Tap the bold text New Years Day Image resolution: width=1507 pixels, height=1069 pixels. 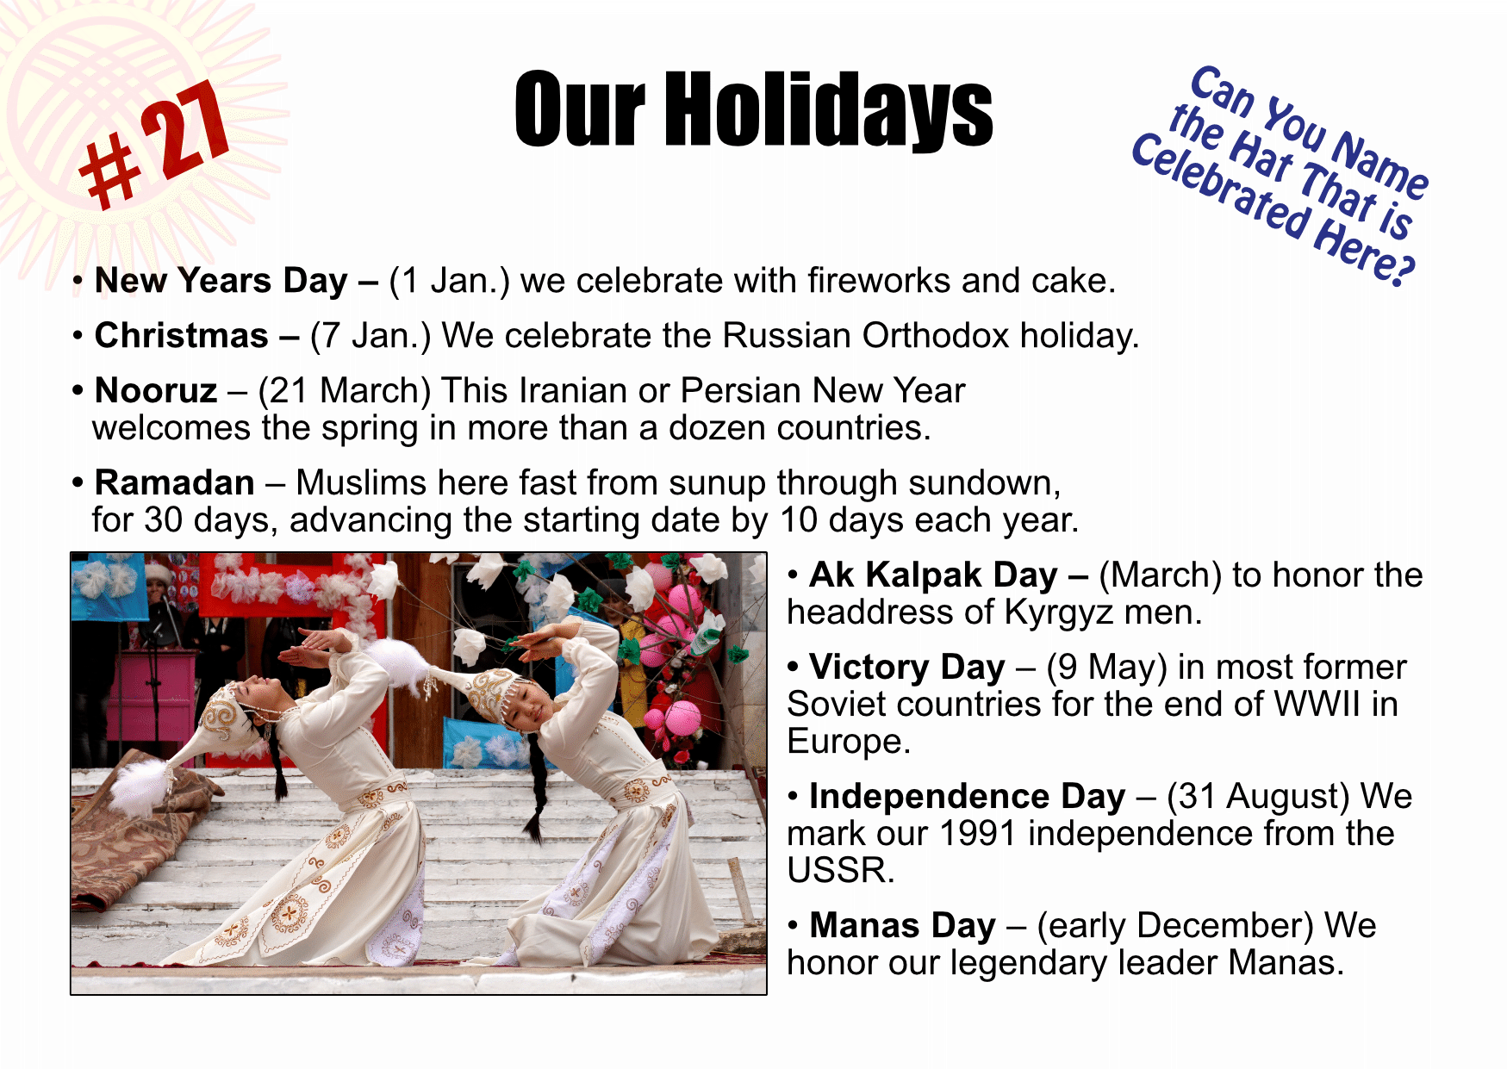[221, 282]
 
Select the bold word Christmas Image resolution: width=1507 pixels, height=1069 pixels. [182, 336]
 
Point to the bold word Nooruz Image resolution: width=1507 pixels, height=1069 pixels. [156, 391]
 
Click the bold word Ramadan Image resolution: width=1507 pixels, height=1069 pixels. [175, 483]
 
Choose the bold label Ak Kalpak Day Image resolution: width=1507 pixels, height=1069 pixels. [933, 575]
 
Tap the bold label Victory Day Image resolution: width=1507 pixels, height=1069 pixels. [907, 668]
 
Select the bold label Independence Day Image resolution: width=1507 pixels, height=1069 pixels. [968, 797]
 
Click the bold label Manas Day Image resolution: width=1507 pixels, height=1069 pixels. [903, 926]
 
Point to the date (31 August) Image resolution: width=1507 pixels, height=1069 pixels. [1258, 797]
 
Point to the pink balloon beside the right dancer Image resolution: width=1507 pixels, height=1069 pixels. [682, 718]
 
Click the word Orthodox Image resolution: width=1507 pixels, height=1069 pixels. [935, 336]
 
